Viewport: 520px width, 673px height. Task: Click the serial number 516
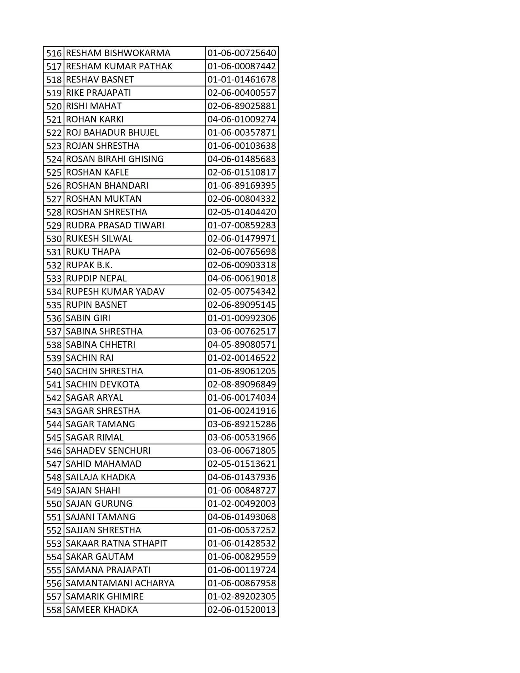click(54, 53)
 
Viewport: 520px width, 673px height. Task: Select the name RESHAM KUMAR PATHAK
click(119, 66)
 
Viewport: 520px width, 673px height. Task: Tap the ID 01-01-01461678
click(241, 80)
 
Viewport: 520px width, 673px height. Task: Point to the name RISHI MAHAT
click(94, 106)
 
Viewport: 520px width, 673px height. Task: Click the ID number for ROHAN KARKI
click(241, 119)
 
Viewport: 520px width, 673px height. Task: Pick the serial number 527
click(54, 199)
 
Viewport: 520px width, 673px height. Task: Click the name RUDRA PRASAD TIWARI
click(115, 225)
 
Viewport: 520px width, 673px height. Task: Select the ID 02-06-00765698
click(241, 252)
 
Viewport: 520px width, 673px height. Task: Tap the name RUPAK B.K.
click(89, 265)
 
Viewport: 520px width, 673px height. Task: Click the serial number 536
click(54, 318)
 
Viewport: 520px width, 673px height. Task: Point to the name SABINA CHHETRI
click(101, 345)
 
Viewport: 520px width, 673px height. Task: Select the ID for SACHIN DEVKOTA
click(241, 384)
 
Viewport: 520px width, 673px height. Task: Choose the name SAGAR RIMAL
click(95, 437)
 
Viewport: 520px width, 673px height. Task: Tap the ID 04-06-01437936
click(241, 477)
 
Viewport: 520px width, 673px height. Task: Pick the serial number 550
click(54, 504)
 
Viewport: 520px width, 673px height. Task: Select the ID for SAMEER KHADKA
click(241, 610)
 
